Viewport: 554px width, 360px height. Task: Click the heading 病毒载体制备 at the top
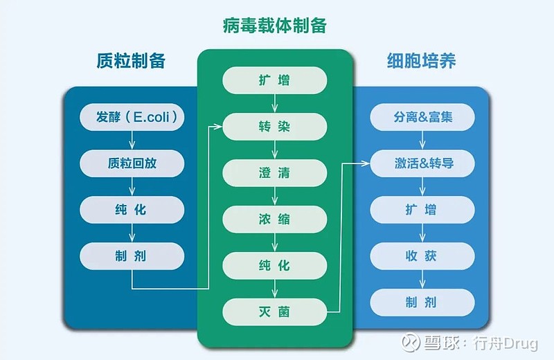point(274,26)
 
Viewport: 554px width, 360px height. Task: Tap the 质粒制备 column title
point(131,60)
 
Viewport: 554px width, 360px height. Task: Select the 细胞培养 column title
point(421,60)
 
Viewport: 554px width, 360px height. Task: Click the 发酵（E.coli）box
point(132,117)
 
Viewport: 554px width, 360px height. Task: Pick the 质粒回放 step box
point(132,163)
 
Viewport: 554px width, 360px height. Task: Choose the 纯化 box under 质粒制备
point(132,210)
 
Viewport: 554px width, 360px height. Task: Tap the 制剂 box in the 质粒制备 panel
point(132,256)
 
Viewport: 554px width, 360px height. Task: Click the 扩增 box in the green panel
point(274,80)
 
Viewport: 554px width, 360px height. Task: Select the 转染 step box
point(274,127)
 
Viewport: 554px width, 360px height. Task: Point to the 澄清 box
point(274,173)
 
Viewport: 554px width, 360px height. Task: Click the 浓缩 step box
point(274,219)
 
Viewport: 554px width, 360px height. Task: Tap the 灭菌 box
point(274,312)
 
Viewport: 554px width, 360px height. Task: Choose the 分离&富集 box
point(422,117)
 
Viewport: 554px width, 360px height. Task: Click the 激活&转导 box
point(422,163)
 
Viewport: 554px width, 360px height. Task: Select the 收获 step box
point(422,256)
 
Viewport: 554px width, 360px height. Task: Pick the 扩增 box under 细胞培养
point(422,210)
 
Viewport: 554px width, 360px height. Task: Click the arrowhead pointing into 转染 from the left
point(219,127)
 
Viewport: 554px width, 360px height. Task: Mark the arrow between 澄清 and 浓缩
point(274,196)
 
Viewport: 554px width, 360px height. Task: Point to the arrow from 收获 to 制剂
point(422,279)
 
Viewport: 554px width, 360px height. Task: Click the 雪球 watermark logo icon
point(410,342)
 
